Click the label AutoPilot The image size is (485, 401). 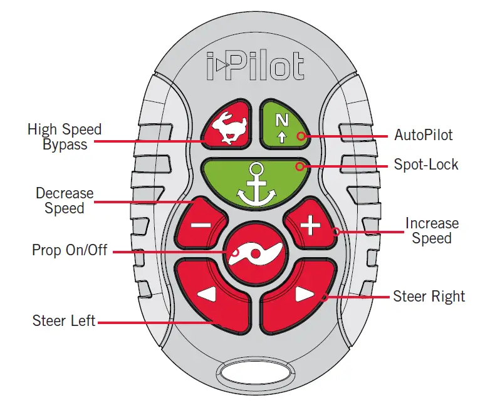point(423,135)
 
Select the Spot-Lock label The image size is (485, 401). point(426,165)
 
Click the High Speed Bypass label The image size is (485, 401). point(64,136)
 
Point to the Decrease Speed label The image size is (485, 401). point(64,200)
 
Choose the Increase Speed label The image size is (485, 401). point(432,230)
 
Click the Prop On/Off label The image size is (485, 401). point(70,250)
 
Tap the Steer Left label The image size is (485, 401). point(64,321)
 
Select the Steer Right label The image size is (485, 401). point(429,296)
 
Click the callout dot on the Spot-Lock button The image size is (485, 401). point(301,166)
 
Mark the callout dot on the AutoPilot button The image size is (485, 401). point(302,136)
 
